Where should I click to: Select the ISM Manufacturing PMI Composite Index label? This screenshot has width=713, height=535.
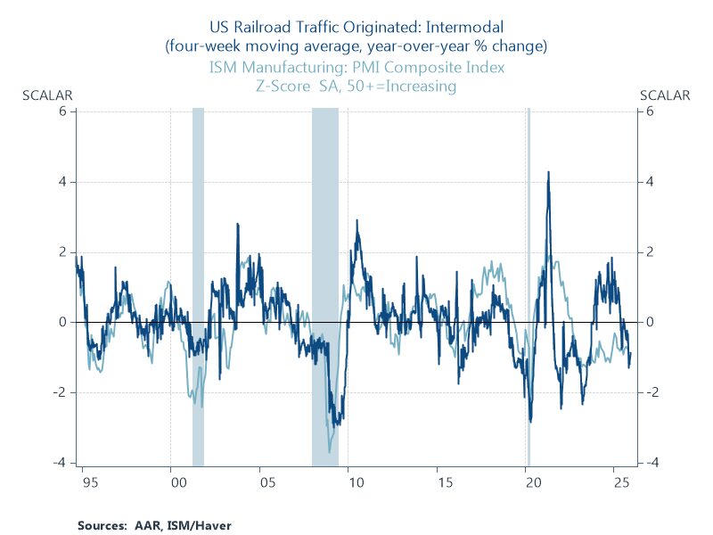tap(356, 67)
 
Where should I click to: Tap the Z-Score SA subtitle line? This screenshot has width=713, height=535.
tap(356, 86)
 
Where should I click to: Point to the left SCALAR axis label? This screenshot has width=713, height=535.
tap(46, 95)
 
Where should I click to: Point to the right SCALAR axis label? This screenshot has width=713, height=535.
tap(665, 95)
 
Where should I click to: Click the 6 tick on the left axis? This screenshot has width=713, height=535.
tap(63, 111)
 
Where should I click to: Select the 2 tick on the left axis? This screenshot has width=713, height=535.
tap(63, 251)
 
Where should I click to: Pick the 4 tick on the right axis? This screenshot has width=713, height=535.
tap(652, 182)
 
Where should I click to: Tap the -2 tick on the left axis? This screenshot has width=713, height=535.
tap(61, 392)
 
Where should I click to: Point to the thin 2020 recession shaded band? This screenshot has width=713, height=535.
tap(529, 267)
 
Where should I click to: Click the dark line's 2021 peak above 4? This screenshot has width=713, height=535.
tap(548, 173)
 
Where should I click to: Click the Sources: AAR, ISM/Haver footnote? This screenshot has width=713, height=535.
tap(154, 526)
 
